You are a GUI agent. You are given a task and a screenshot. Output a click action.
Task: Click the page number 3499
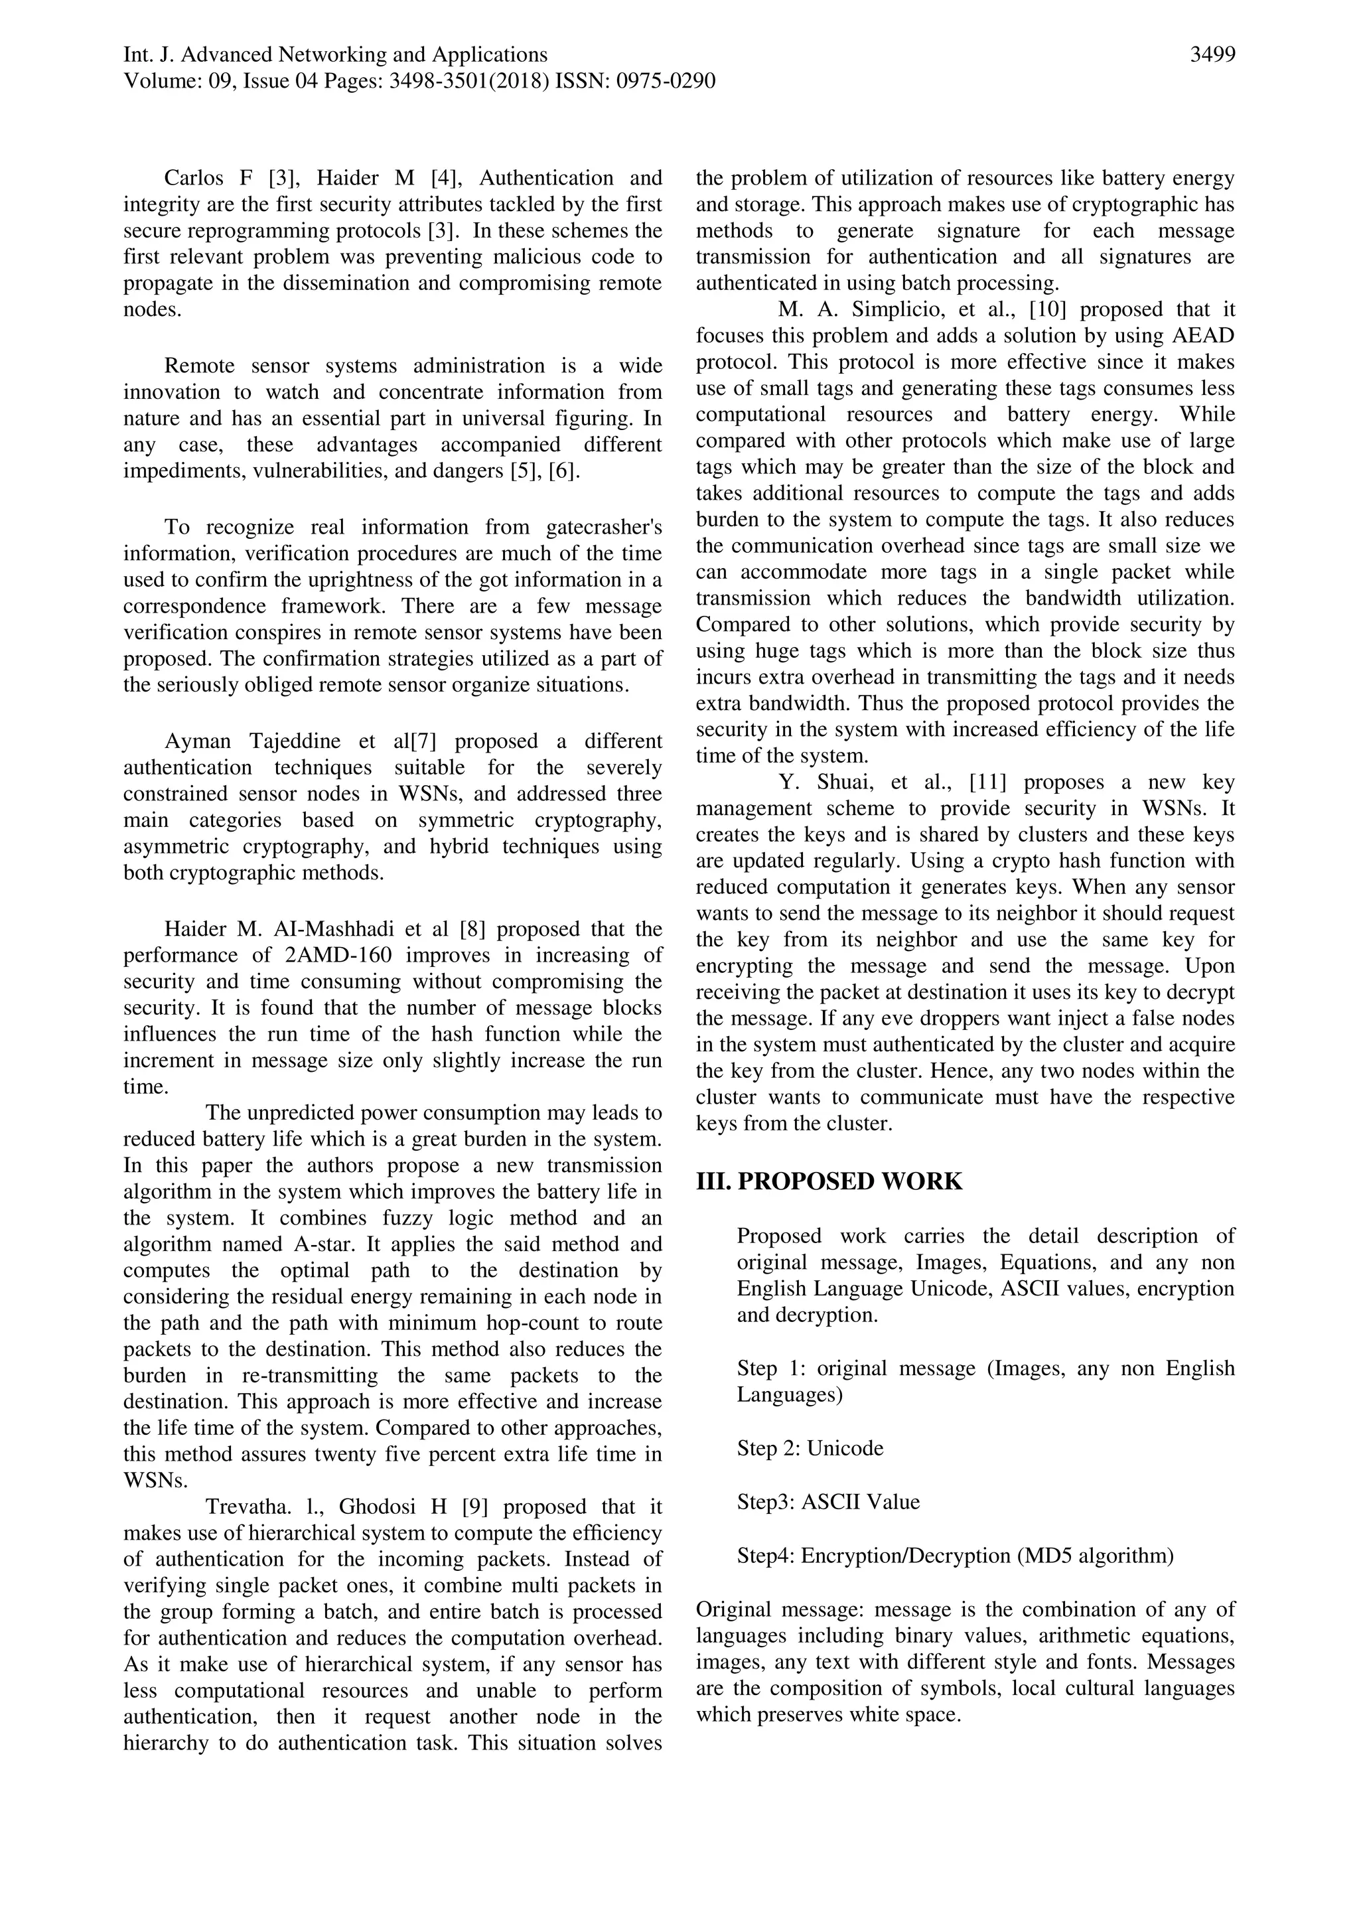coord(1212,55)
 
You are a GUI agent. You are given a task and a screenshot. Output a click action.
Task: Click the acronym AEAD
coord(1203,336)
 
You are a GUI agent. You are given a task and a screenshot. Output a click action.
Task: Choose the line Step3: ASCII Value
coord(827,1502)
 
